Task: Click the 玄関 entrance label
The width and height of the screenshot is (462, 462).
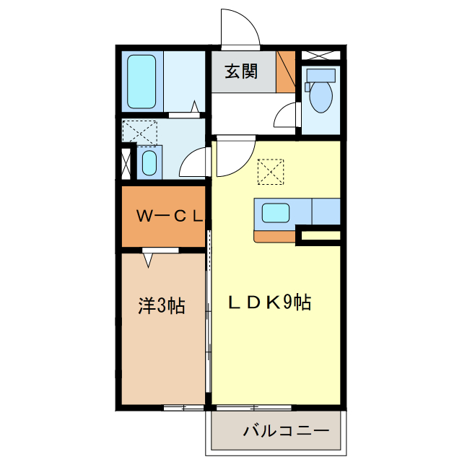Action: click(241, 72)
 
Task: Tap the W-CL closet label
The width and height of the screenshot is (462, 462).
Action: click(170, 215)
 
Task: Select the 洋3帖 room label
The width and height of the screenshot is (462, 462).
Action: click(162, 305)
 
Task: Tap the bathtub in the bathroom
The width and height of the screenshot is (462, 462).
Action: click(142, 81)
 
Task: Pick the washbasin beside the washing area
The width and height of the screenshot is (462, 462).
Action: click(149, 162)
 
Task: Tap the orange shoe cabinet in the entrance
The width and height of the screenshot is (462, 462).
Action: click(287, 71)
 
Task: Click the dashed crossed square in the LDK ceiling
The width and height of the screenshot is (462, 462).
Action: click(271, 171)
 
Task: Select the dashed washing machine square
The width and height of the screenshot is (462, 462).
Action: click(140, 132)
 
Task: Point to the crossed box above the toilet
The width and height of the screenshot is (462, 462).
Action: click(318, 56)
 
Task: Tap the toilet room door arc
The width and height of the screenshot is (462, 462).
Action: click(287, 115)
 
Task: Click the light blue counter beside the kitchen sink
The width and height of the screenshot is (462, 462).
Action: click(326, 213)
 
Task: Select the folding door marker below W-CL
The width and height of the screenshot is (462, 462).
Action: click(149, 257)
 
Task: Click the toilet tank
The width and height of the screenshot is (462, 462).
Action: click(321, 75)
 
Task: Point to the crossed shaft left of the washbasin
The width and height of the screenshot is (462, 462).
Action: click(127, 162)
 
